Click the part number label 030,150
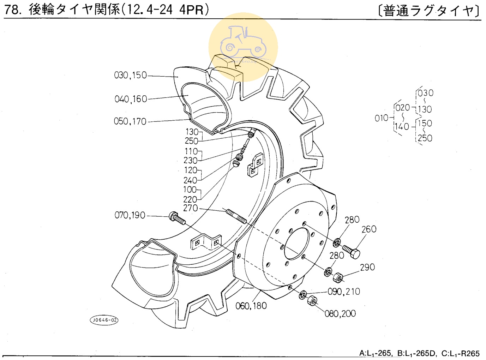[x=130, y=75]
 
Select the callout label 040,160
[x=131, y=99]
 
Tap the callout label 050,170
[x=130, y=121]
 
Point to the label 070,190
[x=130, y=215]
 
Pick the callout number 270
[x=191, y=208]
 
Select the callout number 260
[x=369, y=229]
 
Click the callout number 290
[x=367, y=267]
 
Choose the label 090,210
[x=344, y=292]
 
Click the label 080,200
[x=340, y=313]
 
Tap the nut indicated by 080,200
[x=312, y=301]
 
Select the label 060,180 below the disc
[x=251, y=306]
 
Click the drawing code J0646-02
[x=104, y=320]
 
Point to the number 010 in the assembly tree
[x=381, y=118]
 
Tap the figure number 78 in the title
[x=12, y=10]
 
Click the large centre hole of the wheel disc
[x=299, y=244]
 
